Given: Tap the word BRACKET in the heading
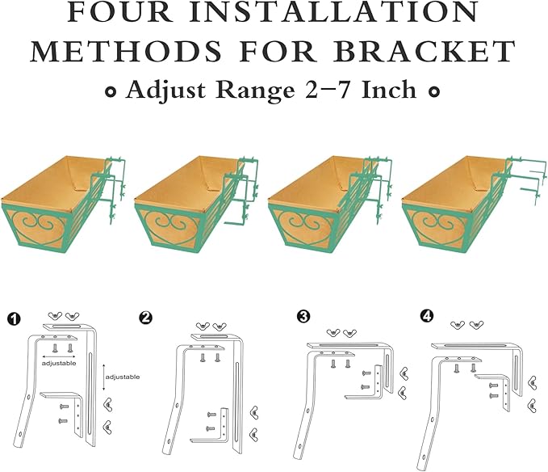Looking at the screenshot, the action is coord(423,51).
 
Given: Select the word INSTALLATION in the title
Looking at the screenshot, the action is coord(335,12).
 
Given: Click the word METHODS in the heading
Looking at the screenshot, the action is coord(126,51).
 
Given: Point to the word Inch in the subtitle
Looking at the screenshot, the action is coord(389,90).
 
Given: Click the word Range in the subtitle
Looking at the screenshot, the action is coord(256,91).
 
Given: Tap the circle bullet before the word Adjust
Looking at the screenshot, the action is coord(111,92).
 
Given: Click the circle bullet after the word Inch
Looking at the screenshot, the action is coord(433,92).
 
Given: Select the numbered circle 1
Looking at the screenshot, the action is coord(14,318).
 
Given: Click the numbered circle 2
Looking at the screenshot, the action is coord(145,318).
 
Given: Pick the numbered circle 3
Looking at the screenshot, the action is coord(303,316).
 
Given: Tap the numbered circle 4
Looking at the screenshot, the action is coord(427,316).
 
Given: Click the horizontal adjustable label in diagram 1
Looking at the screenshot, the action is coord(59,363).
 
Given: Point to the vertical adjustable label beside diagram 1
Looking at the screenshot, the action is coord(123,377).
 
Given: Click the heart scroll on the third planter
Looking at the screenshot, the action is coord(304,227).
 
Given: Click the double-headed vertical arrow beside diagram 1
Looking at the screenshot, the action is coord(104,377).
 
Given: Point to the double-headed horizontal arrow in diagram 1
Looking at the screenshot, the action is coord(59,357).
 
